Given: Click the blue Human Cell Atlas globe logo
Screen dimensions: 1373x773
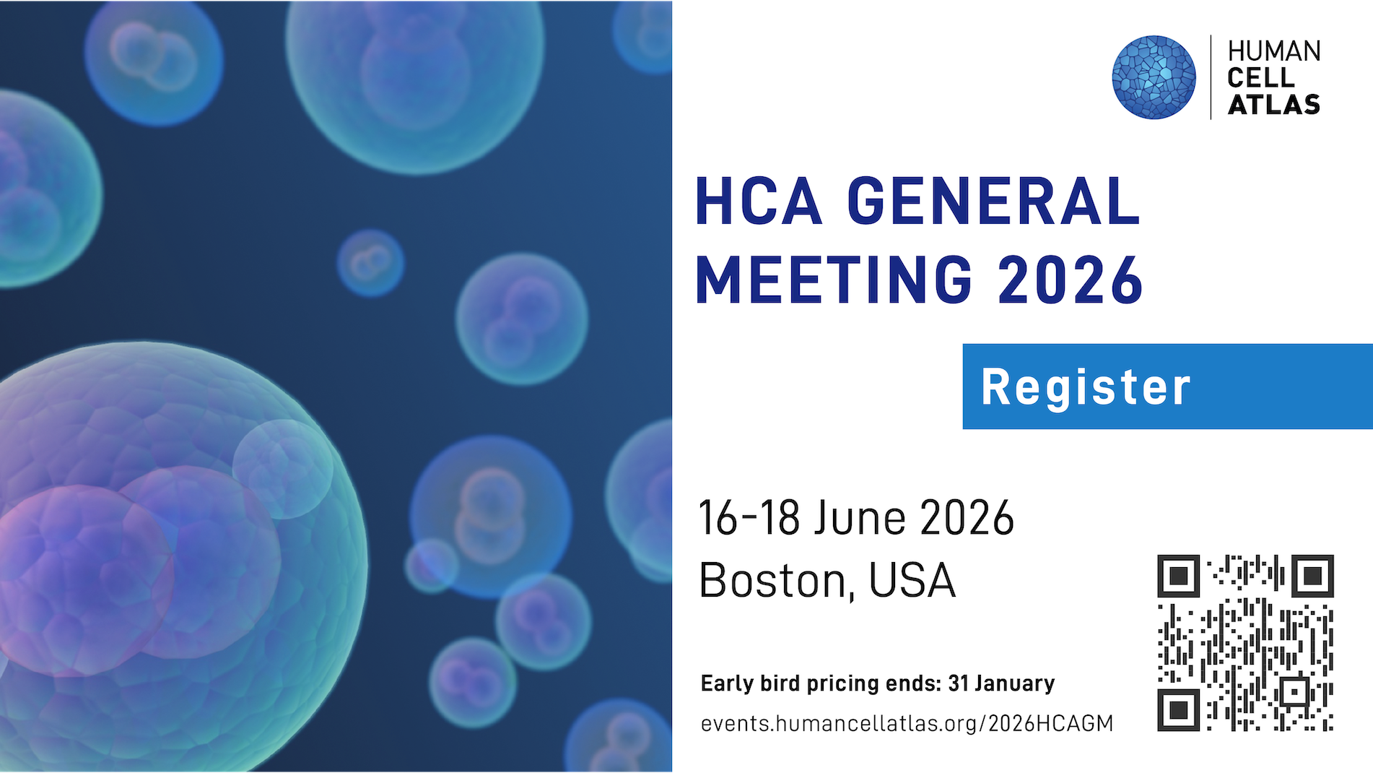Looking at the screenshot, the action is pos(1154,77).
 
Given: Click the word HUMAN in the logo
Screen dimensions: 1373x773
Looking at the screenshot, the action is pos(1274,51).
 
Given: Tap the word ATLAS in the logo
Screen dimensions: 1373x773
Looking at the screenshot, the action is pos(1274,105).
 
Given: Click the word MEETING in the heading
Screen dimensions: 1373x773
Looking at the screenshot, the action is pos(834,280).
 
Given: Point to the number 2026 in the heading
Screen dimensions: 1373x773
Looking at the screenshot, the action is pos(1071,280).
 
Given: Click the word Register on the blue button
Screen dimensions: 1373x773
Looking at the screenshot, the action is pos(1086,387).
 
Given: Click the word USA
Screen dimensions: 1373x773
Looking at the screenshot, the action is pos(912,580).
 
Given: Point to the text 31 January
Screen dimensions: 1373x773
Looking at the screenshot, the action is pos(1001,683).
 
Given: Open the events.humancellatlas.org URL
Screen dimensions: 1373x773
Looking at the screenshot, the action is pos(907,724).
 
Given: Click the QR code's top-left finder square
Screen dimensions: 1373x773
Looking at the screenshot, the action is pos(1179,576).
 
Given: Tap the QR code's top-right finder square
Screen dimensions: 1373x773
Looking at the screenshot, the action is pos(1312,576).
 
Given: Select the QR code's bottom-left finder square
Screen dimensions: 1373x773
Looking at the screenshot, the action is pos(1179,709).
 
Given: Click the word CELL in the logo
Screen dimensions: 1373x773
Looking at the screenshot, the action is pos(1261,78).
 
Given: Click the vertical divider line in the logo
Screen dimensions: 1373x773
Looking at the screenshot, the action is pos(1211,77).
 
